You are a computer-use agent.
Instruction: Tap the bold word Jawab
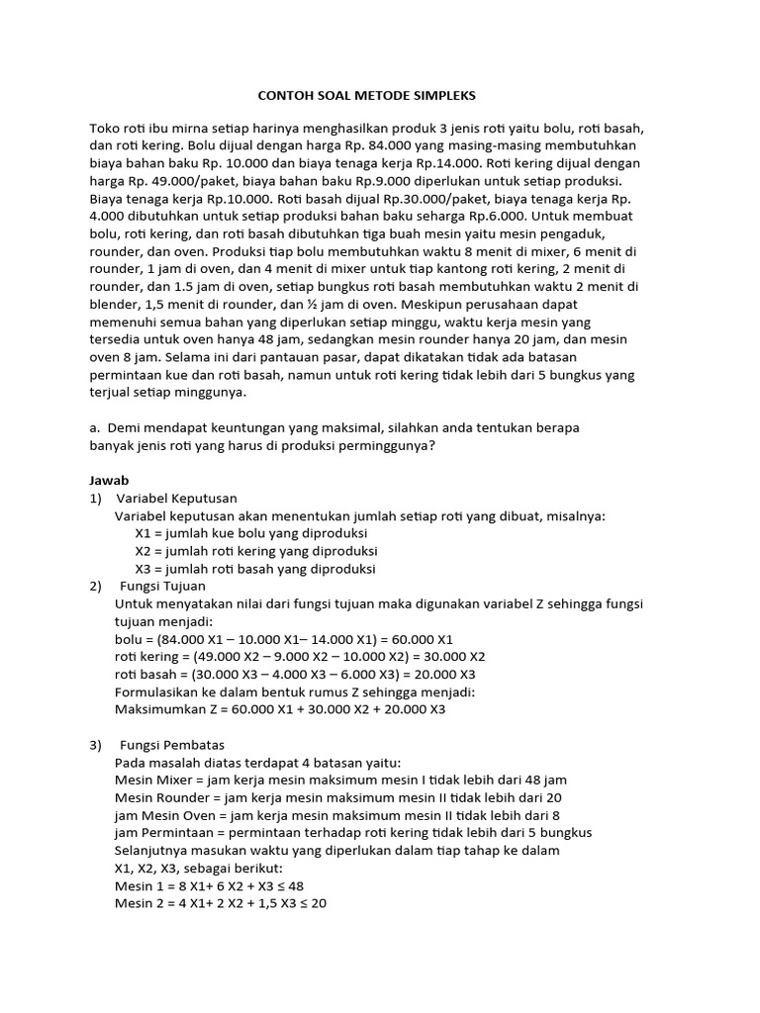(x=109, y=480)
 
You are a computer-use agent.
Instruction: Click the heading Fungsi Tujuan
(x=161, y=587)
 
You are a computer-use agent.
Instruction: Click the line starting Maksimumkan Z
(x=280, y=708)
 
